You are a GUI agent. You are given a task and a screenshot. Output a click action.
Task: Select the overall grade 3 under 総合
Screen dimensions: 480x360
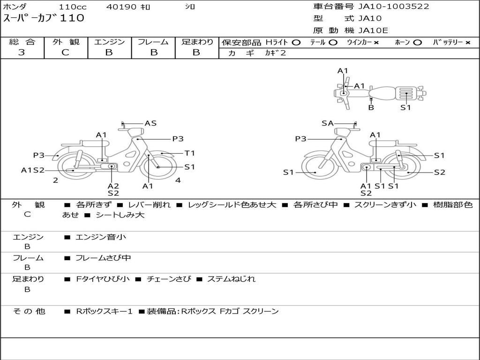coord(22,52)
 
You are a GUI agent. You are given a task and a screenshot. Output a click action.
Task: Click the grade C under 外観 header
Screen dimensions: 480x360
coord(66,52)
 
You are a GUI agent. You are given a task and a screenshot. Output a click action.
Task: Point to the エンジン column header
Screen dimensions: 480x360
coord(109,42)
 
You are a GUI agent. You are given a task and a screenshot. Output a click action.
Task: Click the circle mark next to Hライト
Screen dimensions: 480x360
coord(296,43)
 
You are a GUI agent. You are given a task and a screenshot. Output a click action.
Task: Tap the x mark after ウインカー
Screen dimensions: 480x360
coord(376,43)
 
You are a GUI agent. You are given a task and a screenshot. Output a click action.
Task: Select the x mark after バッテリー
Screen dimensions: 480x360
coord(467,43)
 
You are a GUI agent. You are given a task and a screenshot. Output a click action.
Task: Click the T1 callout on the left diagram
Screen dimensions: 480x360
coord(189,153)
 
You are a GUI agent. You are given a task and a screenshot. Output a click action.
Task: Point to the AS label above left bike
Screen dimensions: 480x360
coord(150,123)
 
